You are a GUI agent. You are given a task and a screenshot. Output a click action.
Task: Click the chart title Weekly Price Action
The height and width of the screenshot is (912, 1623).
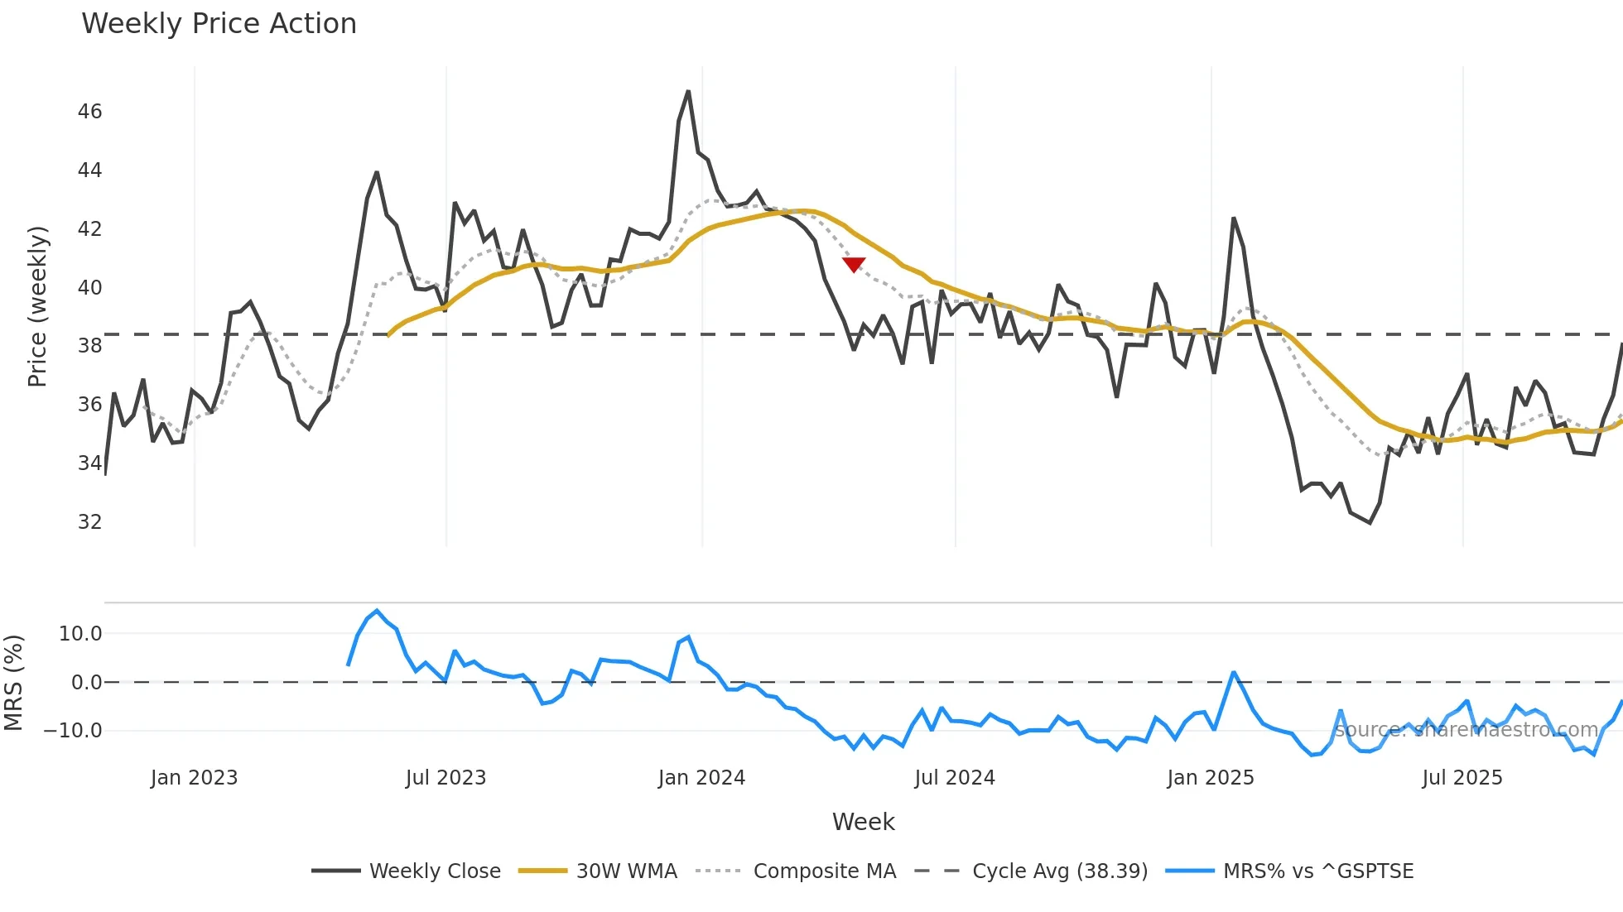(219, 24)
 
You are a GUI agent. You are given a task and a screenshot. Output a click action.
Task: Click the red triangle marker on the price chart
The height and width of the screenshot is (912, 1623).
(854, 264)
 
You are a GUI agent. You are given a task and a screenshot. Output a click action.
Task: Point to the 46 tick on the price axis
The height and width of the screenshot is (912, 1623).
(89, 112)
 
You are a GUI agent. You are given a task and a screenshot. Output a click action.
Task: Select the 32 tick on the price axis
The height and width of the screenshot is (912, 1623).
(89, 522)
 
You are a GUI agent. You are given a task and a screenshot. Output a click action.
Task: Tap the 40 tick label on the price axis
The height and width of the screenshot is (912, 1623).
(89, 288)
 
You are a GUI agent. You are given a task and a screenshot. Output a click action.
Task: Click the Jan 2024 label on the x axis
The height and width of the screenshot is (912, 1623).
(701, 778)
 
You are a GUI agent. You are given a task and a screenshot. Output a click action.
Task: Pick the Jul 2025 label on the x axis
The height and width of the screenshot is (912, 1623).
(1462, 778)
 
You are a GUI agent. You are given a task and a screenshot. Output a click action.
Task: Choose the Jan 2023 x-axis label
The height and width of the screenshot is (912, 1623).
(194, 778)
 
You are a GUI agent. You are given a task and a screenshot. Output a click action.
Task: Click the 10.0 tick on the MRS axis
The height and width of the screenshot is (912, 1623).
(80, 634)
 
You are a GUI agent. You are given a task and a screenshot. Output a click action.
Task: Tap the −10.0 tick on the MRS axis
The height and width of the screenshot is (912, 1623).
(73, 731)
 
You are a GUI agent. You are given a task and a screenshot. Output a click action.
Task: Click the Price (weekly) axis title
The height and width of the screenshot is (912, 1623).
(37, 306)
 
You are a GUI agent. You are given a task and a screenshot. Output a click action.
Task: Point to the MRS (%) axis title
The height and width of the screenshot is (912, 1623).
(14, 683)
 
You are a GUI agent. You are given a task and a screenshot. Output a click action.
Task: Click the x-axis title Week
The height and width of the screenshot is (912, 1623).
(863, 822)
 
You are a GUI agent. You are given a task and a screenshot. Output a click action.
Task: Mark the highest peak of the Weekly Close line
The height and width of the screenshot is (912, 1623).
(688, 92)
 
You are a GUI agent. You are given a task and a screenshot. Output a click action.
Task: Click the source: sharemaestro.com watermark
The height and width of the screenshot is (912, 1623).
(1466, 730)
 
